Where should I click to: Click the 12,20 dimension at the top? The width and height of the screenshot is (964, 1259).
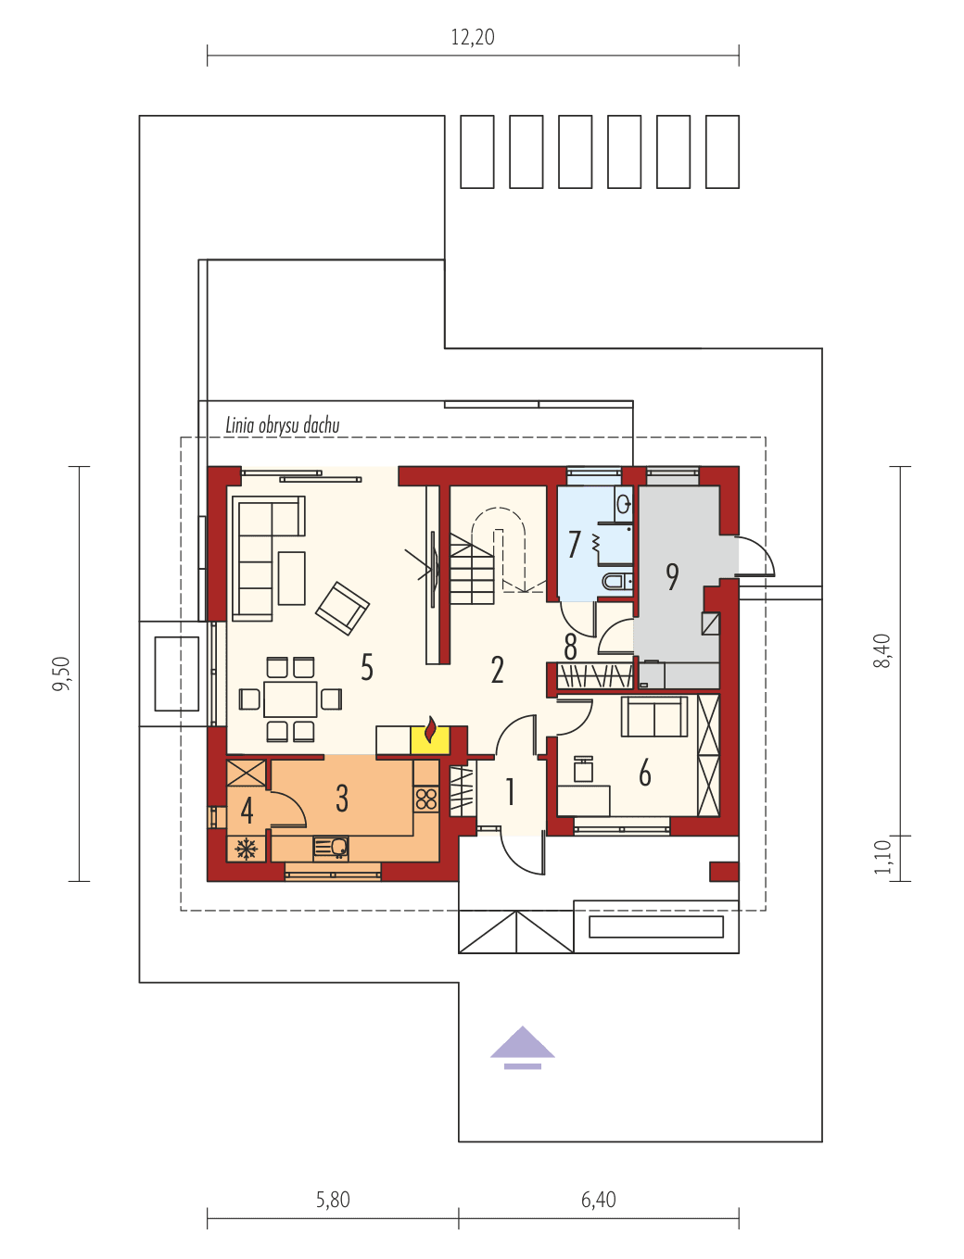473,37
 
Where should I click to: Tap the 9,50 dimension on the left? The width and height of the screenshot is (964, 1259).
61,674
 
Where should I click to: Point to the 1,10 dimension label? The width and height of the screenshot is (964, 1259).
882,857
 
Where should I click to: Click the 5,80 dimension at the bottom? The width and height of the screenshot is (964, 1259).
333,1200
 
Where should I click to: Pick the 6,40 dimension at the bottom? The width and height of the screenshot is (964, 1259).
599,1200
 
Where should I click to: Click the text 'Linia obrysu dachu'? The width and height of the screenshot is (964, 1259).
283,425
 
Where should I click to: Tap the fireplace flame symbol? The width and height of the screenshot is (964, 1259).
429,732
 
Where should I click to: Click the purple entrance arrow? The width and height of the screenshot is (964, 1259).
523,1045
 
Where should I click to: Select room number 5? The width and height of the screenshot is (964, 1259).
367,667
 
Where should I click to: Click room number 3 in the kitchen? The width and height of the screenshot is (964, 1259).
342,798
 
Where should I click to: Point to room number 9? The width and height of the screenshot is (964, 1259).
672,576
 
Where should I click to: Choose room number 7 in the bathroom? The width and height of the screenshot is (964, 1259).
575,545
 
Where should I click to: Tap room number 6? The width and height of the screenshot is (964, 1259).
645,773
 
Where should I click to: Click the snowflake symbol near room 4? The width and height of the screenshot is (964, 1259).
247,848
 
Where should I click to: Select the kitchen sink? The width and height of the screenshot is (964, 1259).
331,847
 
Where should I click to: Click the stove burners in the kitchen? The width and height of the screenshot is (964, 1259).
426,798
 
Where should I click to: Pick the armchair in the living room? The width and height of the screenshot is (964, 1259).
342,608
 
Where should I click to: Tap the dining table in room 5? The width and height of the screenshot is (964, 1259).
290,699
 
